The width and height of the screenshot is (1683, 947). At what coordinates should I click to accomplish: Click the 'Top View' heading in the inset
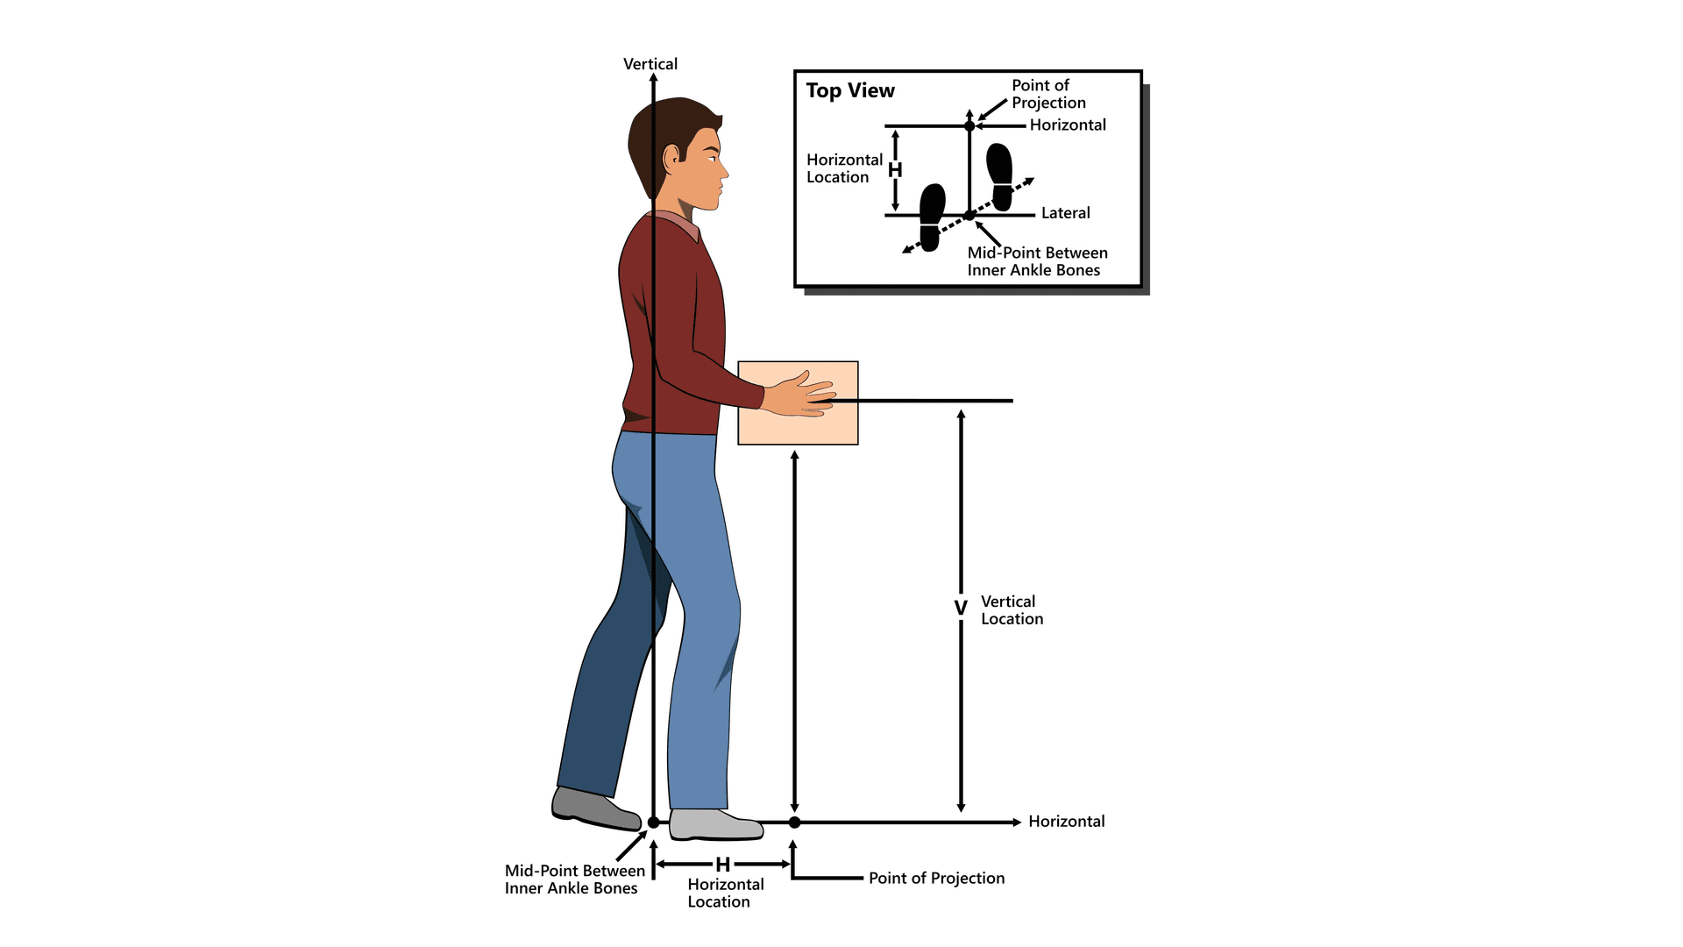(x=849, y=90)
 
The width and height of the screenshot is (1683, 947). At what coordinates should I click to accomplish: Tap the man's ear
(x=672, y=159)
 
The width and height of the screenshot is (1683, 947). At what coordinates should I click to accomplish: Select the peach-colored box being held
(x=798, y=425)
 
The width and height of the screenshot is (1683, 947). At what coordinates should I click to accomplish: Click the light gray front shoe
(x=713, y=824)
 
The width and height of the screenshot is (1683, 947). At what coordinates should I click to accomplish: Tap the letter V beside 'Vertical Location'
(x=961, y=608)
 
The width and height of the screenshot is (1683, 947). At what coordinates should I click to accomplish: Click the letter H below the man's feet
(x=723, y=865)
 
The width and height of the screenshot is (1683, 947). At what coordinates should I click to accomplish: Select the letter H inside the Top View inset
(x=895, y=170)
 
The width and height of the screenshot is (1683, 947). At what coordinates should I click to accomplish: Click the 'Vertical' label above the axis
(x=650, y=64)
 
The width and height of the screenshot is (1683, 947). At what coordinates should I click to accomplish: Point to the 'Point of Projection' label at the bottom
(x=936, y=878)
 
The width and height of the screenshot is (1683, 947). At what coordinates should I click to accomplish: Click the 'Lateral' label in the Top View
(x=1065, y=213)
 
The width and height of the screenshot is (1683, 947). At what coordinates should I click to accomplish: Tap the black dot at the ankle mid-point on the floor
(x=653, y=822)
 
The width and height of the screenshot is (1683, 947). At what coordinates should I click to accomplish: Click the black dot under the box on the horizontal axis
(x=794, y=822)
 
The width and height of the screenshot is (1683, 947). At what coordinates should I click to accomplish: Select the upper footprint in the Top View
(x=1000, y=176)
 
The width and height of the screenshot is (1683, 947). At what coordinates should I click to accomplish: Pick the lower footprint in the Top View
(x=932, y=217)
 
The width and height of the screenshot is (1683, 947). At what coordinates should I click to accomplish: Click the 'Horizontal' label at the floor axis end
(x=1066, y=822)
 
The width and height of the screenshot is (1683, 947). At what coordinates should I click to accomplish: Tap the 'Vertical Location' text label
(x=1012, y=610)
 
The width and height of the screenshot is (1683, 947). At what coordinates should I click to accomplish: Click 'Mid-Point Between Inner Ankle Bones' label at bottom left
(x=574, y=879)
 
